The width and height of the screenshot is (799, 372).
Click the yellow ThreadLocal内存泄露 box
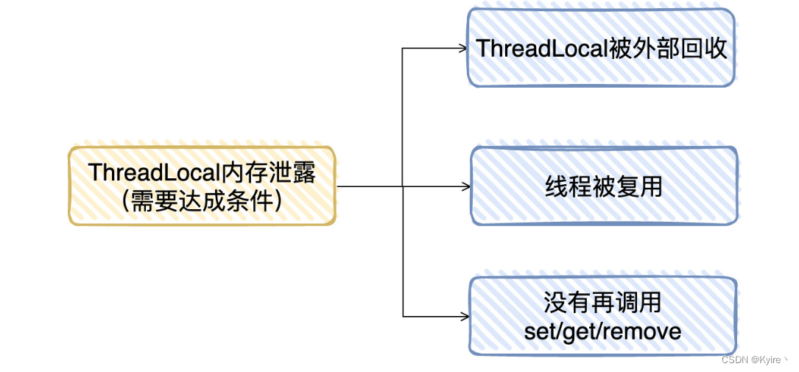tap(202, 185)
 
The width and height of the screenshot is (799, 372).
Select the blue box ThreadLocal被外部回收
tap(601, 48)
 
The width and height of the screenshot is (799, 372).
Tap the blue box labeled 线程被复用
tap(603, 186)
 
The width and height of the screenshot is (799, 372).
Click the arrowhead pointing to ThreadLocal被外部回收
tap(463, 49)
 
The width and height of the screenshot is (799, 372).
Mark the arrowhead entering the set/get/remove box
tap(465, 316)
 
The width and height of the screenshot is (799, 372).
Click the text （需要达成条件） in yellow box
tap(202, 200)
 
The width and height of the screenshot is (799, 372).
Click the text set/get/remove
tap(602, 331)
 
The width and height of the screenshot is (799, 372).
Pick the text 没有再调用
tap(602, 302)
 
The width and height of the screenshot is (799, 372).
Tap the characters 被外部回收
tap(669, 49)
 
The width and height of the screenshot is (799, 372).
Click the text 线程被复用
tap(603, 186)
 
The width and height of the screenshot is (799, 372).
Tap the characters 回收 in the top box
tap(710, 49)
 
